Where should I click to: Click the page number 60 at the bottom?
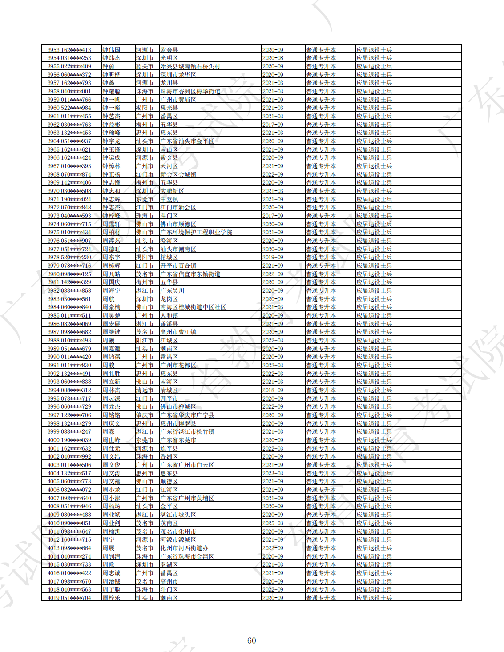click(251, 640)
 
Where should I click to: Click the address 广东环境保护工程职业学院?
click(196, 232)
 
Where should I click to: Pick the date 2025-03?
click(273, 523)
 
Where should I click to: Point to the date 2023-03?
click(273, 473)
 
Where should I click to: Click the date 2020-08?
click(273, 58)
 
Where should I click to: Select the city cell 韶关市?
click(145, 66)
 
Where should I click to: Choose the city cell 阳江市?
click(145, 340)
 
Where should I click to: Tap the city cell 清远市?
click(145, 390)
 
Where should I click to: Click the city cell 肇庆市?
click(145, 415)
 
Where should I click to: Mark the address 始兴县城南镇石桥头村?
click(190, 66)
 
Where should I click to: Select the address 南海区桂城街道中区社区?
click(193, 307)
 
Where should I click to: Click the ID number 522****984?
click(76, 108)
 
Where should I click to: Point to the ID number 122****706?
click(76, 415)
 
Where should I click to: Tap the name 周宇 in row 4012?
click(108, 539)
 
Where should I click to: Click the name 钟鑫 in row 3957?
click(108, 83)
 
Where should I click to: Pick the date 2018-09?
click(273, 390)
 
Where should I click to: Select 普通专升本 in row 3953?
click(321, 50)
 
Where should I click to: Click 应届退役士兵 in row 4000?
click(374, 440)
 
